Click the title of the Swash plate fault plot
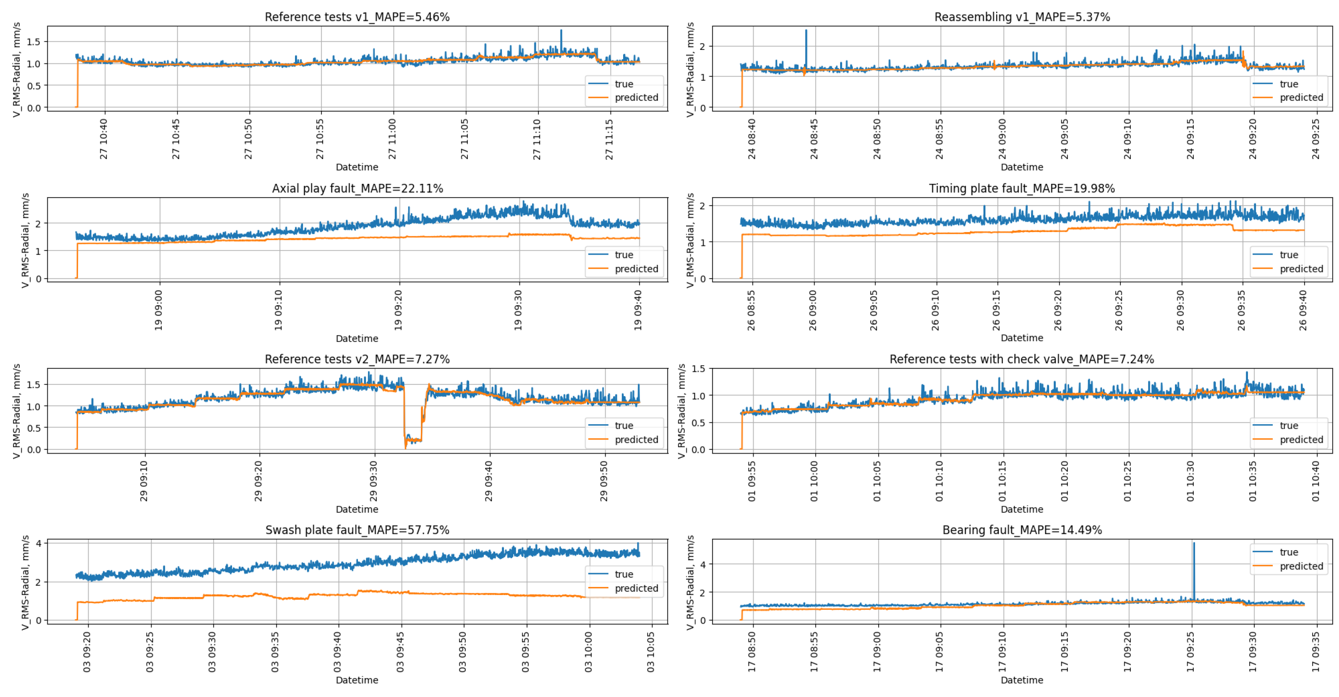tap(357, 530)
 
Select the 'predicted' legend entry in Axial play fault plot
tap(636, 269)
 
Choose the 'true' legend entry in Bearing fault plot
tap(1289, 552)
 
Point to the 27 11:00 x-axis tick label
tap(392, 139)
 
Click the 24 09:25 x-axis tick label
tap(1316, 139)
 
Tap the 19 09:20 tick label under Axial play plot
tap(399, 310)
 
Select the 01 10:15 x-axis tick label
tap(1002, 481)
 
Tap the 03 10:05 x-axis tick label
tap(651, 652)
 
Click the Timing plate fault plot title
tap(1021, 188)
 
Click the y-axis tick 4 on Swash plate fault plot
tap(39, 543)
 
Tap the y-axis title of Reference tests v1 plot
tap(17, 69)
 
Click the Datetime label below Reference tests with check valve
tap(1021, 509)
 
